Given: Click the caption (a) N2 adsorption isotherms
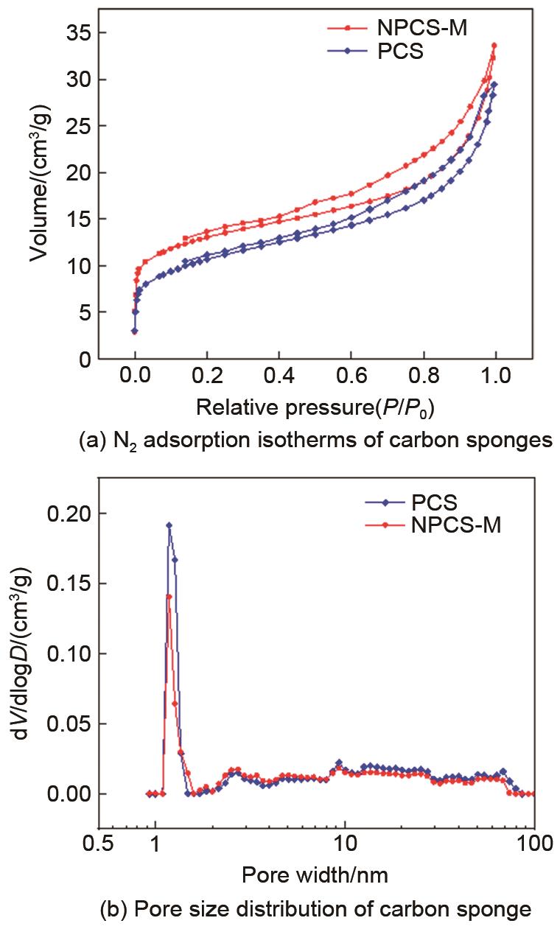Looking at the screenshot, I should coord(315,442).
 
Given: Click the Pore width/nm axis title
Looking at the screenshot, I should coord(315,874).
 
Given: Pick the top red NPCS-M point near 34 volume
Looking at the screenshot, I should coord(494,46).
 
